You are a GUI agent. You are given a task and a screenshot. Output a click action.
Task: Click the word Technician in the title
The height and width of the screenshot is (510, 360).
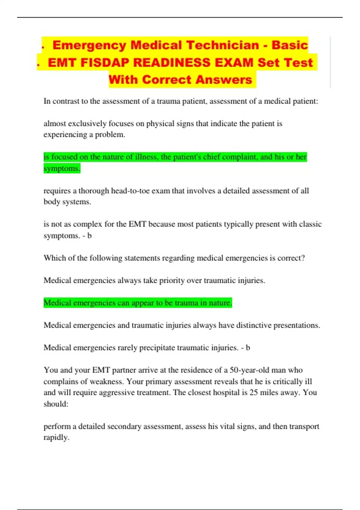tap(222, 45)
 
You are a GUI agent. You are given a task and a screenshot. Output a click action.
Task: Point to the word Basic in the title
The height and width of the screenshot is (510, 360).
tap(290, 45)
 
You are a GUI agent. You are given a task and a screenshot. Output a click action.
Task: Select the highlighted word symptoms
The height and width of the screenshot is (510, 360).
tap(62, 168)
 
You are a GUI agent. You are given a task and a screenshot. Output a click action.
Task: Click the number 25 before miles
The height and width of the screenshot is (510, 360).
tap(253, 392)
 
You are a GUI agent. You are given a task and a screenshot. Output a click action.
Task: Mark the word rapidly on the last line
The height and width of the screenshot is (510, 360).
tap(56, 437)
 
